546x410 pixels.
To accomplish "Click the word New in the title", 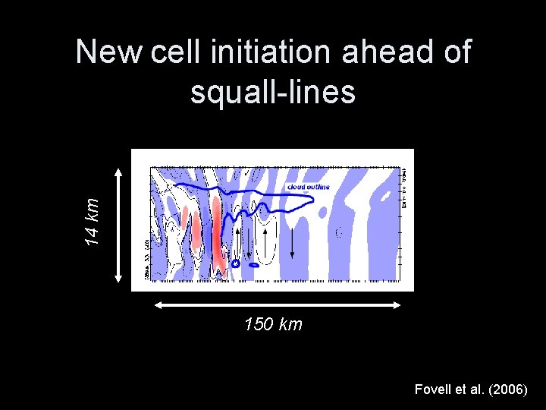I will [109, 53].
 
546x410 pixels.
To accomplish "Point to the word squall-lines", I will [273, 92].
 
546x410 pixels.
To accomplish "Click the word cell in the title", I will [172, 53].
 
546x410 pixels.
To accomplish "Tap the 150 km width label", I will [273, 325].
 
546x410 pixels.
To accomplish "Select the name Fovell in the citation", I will [433, 389].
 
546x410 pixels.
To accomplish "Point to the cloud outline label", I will [308, 187].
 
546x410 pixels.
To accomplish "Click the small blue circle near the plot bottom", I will [235, 263].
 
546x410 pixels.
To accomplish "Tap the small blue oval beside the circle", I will [253, 266].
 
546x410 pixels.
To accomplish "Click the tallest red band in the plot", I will [218, 232].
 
